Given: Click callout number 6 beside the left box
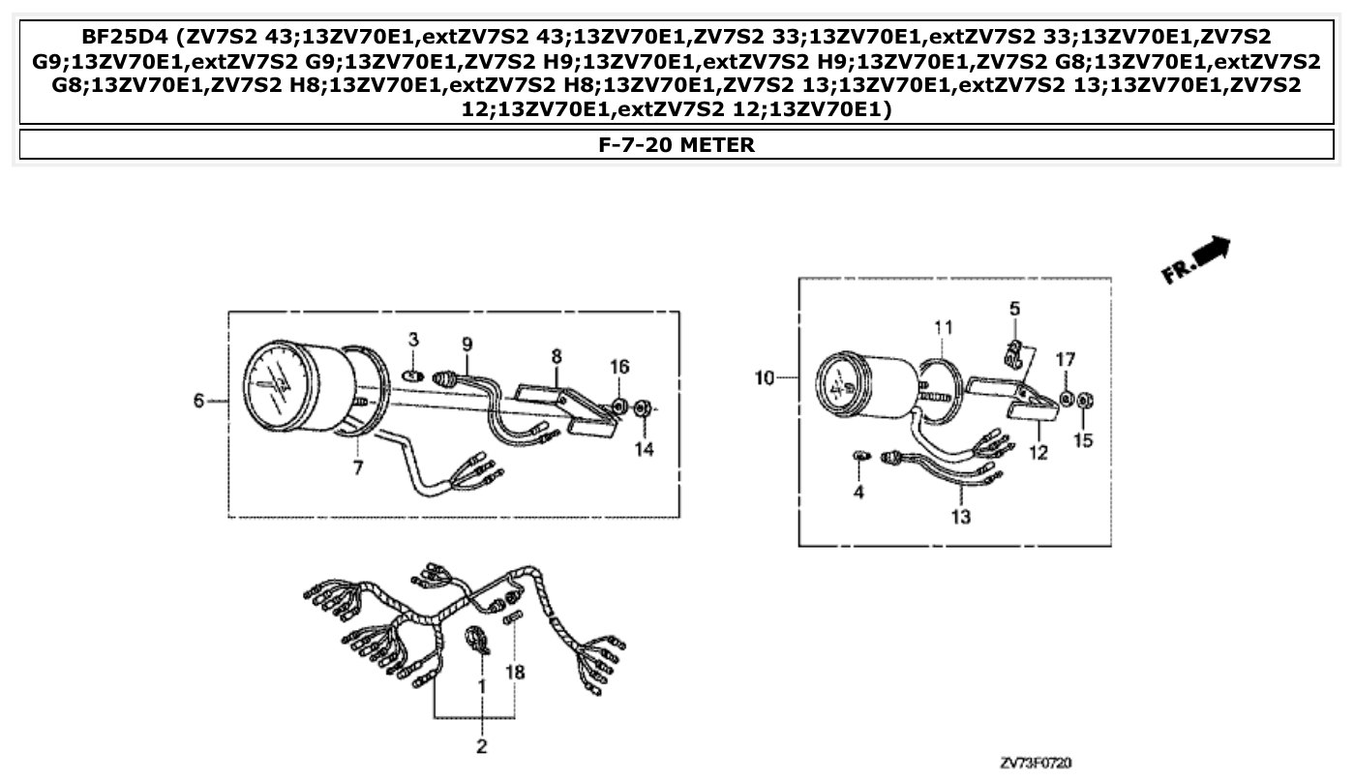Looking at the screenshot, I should pyautogui.click(x=198, y=401).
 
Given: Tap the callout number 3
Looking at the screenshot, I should pyautogui.click(x=413, y=340).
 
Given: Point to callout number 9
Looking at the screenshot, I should pyautogui.click(x=467, y=344).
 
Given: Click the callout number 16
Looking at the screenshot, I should pyautogui.click(x=619, y=366).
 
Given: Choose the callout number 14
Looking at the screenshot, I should pyautogui.click(x=645, y=449).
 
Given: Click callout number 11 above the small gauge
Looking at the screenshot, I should pyautogui.click(x=944, y=326).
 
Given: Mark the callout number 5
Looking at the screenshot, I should pyautogui.click(x=1014, y=309).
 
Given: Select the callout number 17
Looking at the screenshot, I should pyautogui.click(x=1065, y=360).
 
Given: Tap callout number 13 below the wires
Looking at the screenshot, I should pyautogui.click(x=960, y=517).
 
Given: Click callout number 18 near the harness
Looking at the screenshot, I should pyautogui.click(x=516, y=671).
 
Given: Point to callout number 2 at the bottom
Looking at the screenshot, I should pyautogui.click(x=481, y=746).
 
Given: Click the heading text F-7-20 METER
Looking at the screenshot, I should pyautogui.click(x=677, y=145).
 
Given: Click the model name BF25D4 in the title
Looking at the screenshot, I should pyautogui.click(x=125, y=37).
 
